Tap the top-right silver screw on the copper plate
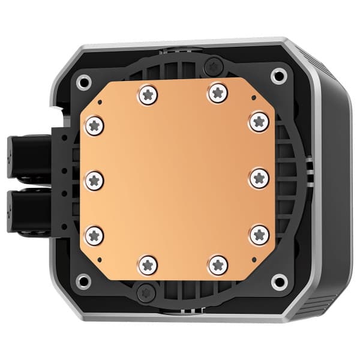click(x=217, y=92)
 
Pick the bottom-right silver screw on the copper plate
click(x=218, y=264)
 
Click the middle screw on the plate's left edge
click(x=95, y=178)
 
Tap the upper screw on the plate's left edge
click(x=95, y=125)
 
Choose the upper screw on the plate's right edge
click(x=259, y=122)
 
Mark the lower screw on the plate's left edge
click(x=95, y=235)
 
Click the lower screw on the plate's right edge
click(x=259, y=233)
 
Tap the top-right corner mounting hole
click(x=278, y=75)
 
